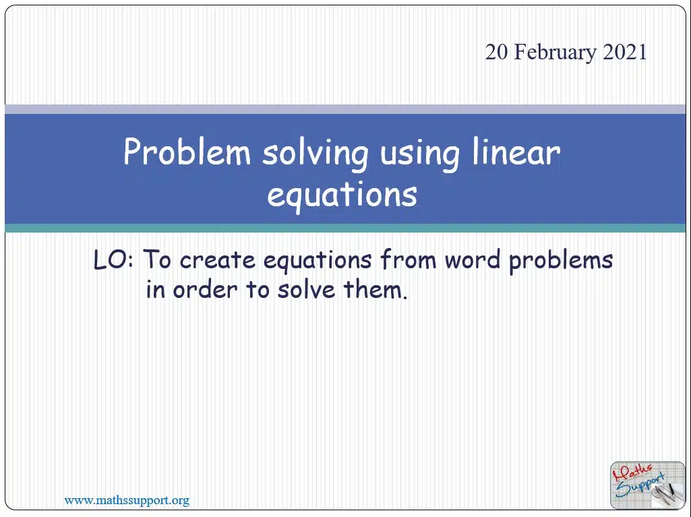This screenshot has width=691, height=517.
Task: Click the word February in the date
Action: [555, 53]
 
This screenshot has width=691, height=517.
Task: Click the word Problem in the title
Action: [187, 152]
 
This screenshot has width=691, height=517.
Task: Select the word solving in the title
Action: [315, 154]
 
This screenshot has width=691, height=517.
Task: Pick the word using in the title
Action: [419, 155]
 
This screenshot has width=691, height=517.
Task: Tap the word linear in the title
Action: [516, 152]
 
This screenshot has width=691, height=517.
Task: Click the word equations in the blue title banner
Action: [342, 195]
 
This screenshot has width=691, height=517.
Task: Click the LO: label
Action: [113, 260]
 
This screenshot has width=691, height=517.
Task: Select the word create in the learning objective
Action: [217, 260]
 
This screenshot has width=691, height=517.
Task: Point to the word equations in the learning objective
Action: [318, 262]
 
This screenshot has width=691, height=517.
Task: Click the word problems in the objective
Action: [561, 261]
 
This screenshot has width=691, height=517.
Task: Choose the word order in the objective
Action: [205, 290]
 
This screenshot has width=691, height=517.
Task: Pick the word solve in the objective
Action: [306, 290]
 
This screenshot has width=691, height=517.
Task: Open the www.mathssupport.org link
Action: [127, 501]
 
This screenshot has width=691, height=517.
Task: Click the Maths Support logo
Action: [647, 485]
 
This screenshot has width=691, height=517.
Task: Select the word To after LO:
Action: [157, 260]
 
